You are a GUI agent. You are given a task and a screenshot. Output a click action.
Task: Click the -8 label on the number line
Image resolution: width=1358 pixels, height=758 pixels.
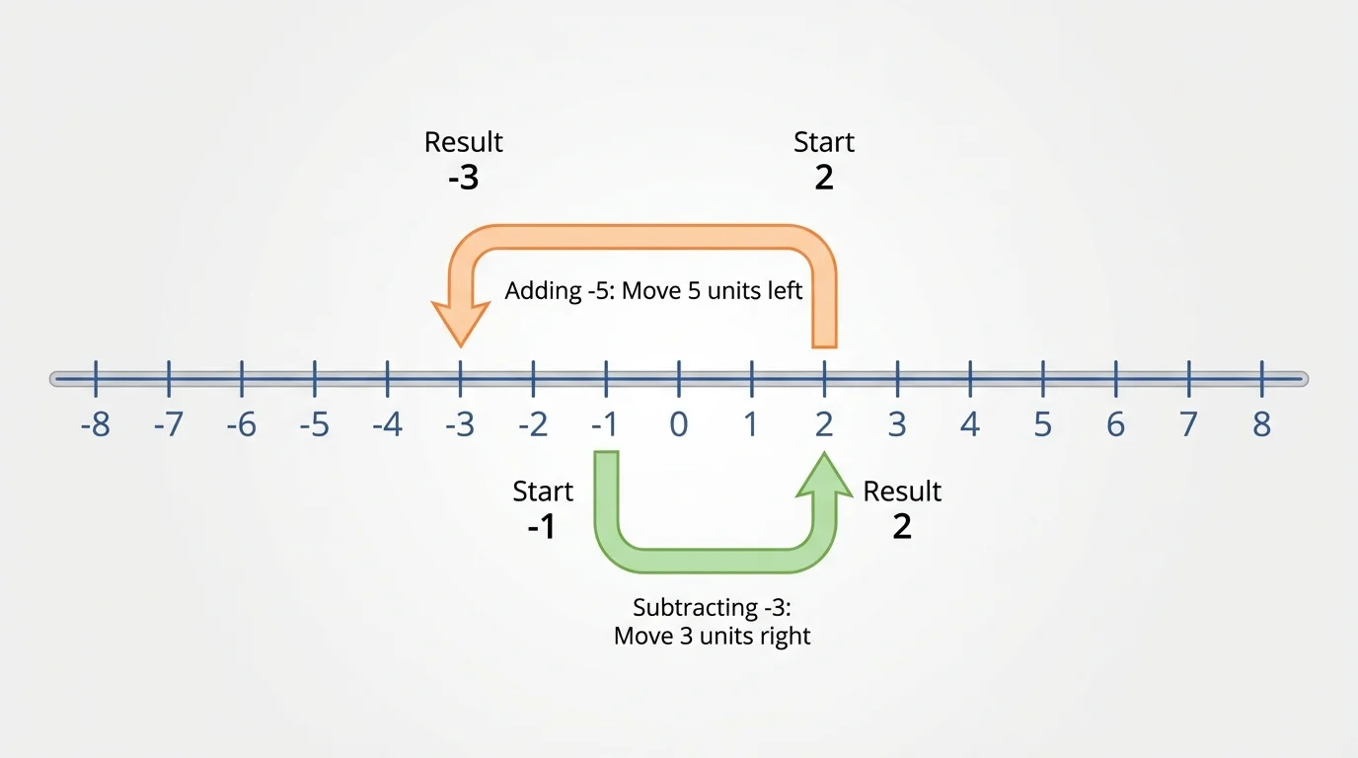[x=95, y=425]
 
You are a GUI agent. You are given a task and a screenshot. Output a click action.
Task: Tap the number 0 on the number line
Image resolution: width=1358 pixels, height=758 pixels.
[x=679, y=425]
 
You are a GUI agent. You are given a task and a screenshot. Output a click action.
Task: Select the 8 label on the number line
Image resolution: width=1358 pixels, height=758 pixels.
[x=1261, y=425]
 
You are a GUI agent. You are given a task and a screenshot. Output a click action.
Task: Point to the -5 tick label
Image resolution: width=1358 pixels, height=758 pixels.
[x=314, y=425]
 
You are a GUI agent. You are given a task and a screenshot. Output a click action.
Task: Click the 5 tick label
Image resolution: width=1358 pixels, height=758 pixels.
[x=1042, y=425]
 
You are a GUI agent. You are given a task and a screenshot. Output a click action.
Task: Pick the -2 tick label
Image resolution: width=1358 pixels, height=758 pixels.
[x=533, y=425]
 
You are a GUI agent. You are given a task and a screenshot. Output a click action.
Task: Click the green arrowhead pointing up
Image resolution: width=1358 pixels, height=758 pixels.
[x=824, y=472]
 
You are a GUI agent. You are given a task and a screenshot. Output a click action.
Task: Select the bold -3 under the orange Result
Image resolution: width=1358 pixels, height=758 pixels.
[x=463, y=178]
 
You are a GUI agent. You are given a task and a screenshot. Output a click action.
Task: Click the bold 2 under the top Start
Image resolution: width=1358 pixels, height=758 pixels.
[x=824, y=178]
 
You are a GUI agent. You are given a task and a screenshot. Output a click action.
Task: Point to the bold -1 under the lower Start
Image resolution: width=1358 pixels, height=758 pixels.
[x=541, y=527]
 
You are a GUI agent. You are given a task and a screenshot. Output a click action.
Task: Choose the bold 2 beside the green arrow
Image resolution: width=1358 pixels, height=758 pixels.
[x=902, y=527]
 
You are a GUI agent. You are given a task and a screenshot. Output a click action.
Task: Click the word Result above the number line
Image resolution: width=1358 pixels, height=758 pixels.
[x=463, y=142]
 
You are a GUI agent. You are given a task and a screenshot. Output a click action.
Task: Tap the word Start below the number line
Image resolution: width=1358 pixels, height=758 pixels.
[x=543, y=492]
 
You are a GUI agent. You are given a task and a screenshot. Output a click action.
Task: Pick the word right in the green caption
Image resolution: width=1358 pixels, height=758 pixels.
[x=786, y=636]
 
